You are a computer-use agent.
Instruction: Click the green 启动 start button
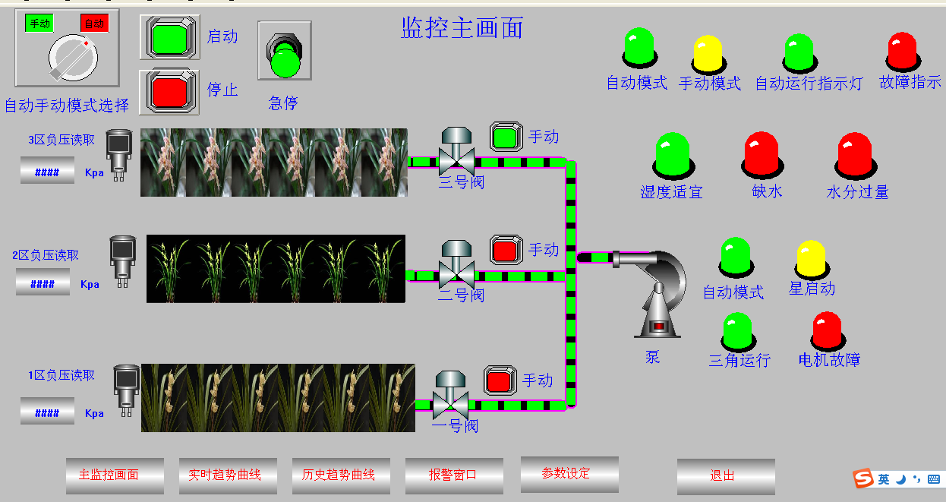tap(170, 37)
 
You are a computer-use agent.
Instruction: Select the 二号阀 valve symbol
tap(457, 267)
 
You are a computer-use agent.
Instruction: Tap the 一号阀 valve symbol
tap(451, 396)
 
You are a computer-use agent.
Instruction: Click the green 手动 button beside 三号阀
tap(505, 137)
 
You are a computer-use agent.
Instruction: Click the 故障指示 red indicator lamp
tap(903, 51)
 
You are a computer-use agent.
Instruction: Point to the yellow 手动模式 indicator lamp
tap(708, 54)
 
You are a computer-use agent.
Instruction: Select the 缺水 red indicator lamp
tap(762, 153)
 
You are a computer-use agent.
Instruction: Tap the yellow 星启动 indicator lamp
tap(811, 259)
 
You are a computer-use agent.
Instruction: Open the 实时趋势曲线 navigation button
tap(228, 475)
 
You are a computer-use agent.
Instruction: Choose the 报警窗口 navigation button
tap(454, 475)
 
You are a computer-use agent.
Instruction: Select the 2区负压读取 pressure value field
tap(43, 284)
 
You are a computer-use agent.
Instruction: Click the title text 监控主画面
tap(462, 29)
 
